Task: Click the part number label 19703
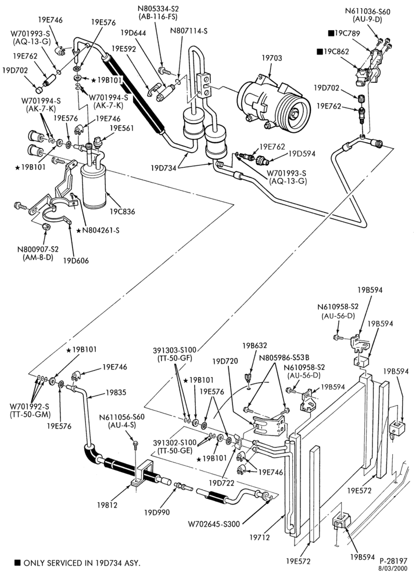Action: [271, 58]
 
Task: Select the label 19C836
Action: [122, 212]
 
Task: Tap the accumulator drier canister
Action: [95, 187]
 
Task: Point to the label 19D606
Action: [76, 260]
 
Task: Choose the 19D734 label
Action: [163, 168]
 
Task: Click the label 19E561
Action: [122, 128]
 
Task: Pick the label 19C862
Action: [336, 52]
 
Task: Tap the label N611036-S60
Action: [367, 12]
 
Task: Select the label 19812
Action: [107, 505]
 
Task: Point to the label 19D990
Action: [157, 512]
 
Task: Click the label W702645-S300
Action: [214, 524]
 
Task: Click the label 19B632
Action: [254, 346]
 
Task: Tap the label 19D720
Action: [225, 361]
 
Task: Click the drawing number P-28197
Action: [393, 561]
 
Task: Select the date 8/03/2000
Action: [393, 568]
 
